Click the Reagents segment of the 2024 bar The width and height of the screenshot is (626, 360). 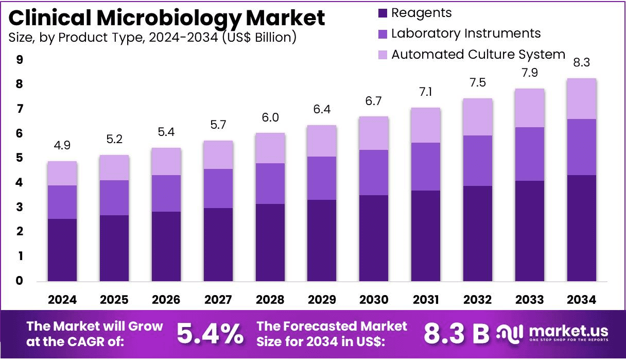pos(62,250)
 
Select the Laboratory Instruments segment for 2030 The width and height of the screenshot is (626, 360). pos(374,173)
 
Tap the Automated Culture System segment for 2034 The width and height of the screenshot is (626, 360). pos(582,99)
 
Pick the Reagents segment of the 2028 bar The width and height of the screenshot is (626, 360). pos(270,243)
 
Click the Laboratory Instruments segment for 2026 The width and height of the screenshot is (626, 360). pos(166,193)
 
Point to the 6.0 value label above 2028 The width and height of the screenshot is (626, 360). pos(270,117)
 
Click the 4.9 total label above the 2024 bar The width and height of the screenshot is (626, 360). pos(62,145)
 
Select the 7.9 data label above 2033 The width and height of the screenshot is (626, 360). pos(530,73)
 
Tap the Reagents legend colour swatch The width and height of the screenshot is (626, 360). pos(382,13)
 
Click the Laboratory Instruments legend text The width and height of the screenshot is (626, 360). pos(466,33)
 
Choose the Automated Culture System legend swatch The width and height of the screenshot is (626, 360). pos(382,55)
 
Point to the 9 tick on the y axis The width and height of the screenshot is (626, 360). pos(19,60)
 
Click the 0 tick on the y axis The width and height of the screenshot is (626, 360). pos(19,281)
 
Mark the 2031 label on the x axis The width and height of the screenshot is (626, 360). pos(426,300)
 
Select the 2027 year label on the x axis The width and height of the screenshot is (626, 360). pos(218,300)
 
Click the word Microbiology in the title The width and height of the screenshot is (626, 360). pos(169,18)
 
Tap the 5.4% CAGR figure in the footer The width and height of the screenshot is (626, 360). pos(210,333)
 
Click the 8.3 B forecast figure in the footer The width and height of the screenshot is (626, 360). pos(456,333)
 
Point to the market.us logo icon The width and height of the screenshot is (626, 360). pos(510,334)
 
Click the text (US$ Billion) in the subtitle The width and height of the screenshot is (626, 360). pos(259,38)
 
